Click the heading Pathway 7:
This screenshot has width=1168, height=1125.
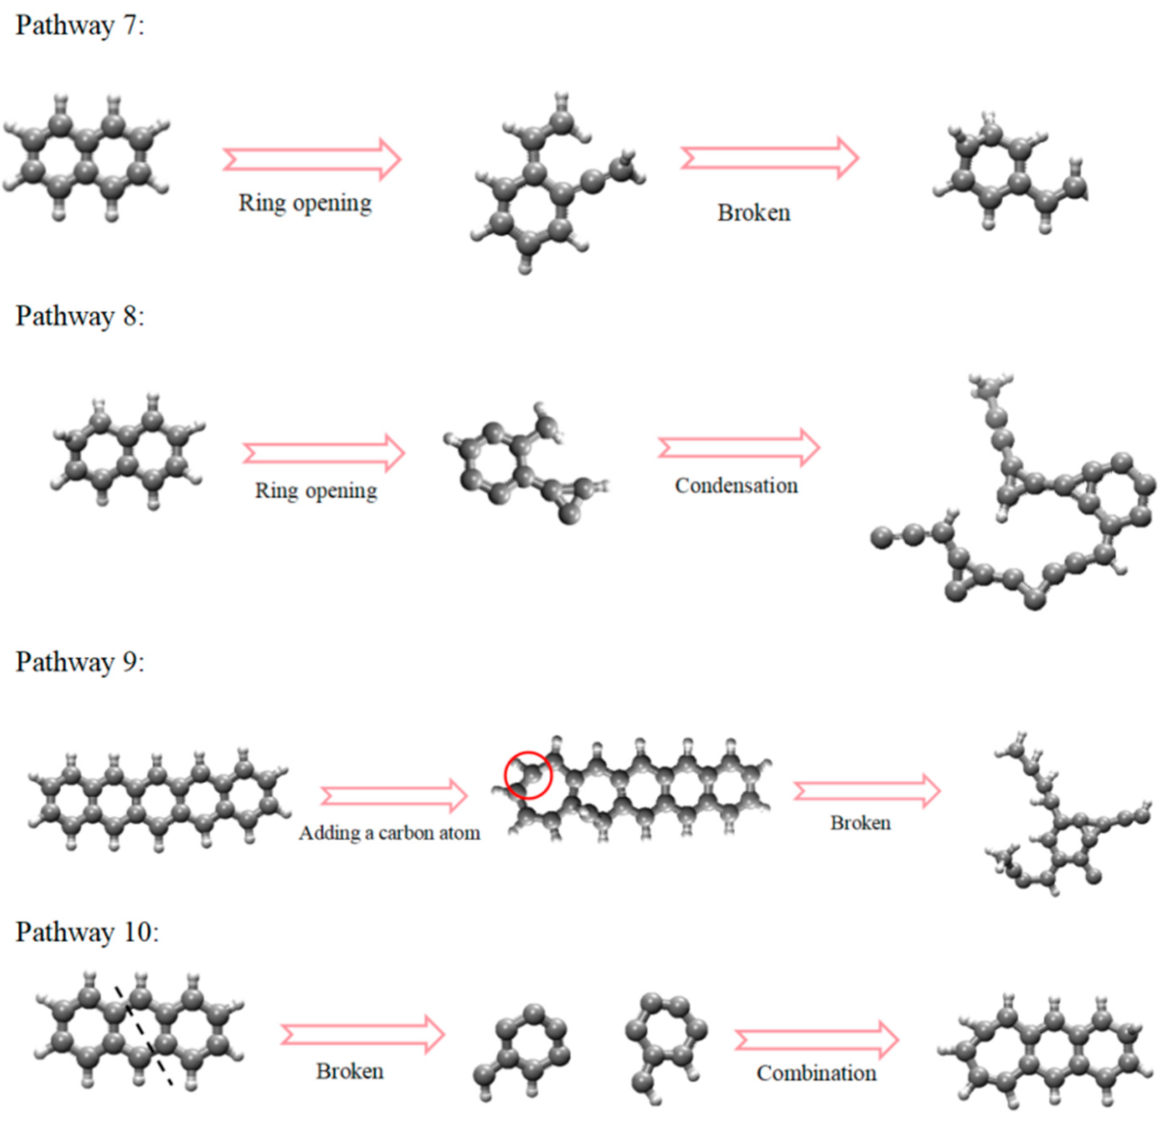tap(80, 26)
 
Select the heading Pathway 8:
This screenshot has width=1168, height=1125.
tap(80, 316)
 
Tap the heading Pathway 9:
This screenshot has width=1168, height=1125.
tap(80, 662)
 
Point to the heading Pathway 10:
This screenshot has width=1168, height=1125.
tap(87, 932)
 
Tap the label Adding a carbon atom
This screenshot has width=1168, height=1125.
tap(389, 833)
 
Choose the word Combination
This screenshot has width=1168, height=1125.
tap(816, 1073)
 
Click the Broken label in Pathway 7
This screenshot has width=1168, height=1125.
tap(754, 213)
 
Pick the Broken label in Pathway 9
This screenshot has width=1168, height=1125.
tap(861, 823)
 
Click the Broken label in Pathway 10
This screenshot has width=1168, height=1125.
tap(350, 1071)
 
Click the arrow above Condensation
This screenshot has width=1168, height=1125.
tap(739, 447)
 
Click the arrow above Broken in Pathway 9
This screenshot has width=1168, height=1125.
tap(867, 791)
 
